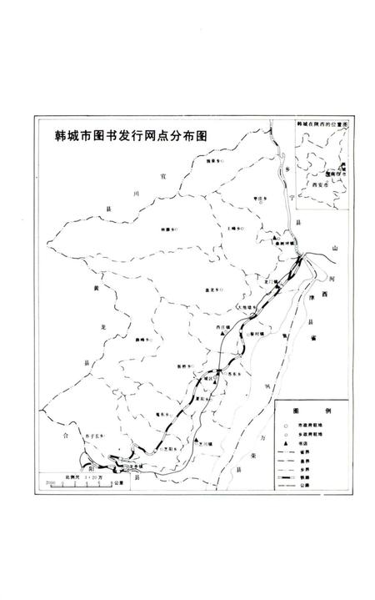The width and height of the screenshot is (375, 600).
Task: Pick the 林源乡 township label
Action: click(169, 229)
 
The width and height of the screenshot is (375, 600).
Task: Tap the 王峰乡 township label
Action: click(232, 226)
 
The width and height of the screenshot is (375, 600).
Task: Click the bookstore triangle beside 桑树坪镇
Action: click(277, 243)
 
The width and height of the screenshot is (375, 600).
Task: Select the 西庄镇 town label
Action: click(222, 326)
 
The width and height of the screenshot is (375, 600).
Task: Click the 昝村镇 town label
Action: click(256, 332)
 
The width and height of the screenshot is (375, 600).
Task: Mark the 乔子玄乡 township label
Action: click(93, 435)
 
